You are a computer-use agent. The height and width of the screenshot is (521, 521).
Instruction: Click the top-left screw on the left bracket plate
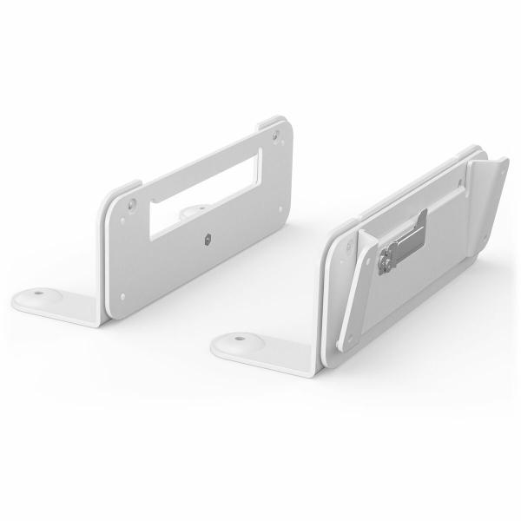[x=132, y=206]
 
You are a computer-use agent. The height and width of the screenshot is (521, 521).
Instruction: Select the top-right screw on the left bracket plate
[x=276, y=135]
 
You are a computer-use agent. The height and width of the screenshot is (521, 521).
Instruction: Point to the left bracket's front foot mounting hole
[x=40, y=296]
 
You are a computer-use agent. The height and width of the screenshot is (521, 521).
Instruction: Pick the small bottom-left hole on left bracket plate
[x=122, y=296]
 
